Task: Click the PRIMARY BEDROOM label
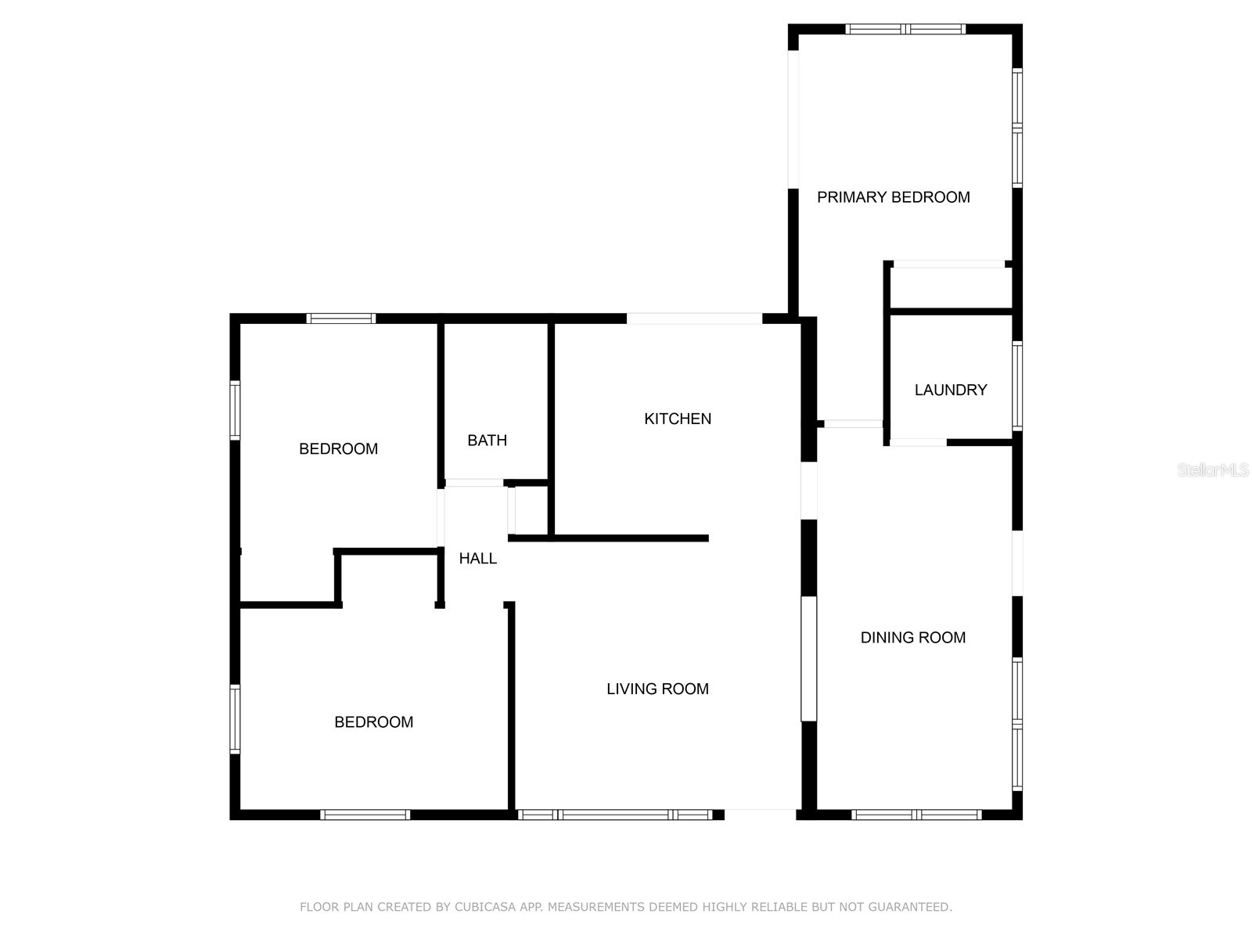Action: point(893,197)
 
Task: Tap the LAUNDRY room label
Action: point(950,390)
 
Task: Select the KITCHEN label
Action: point(677,419)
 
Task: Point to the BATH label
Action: point(487,441)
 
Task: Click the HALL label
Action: point(477,559)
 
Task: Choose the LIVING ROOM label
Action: point(657,689)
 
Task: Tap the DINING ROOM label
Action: point(912,638)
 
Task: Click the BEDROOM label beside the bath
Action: point(338,449)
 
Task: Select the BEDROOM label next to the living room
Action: point(373,722)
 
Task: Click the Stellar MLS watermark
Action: point(1212,470)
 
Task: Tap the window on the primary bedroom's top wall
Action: point(905,30)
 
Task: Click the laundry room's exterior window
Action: point(1017,385)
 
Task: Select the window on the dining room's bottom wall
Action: point(916,815)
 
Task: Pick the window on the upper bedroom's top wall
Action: point(340,318)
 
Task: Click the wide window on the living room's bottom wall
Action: point(615,815)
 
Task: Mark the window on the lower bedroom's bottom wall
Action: point(365,815)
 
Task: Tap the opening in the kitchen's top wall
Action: point(694,318)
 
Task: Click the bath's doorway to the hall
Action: point(474,483)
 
